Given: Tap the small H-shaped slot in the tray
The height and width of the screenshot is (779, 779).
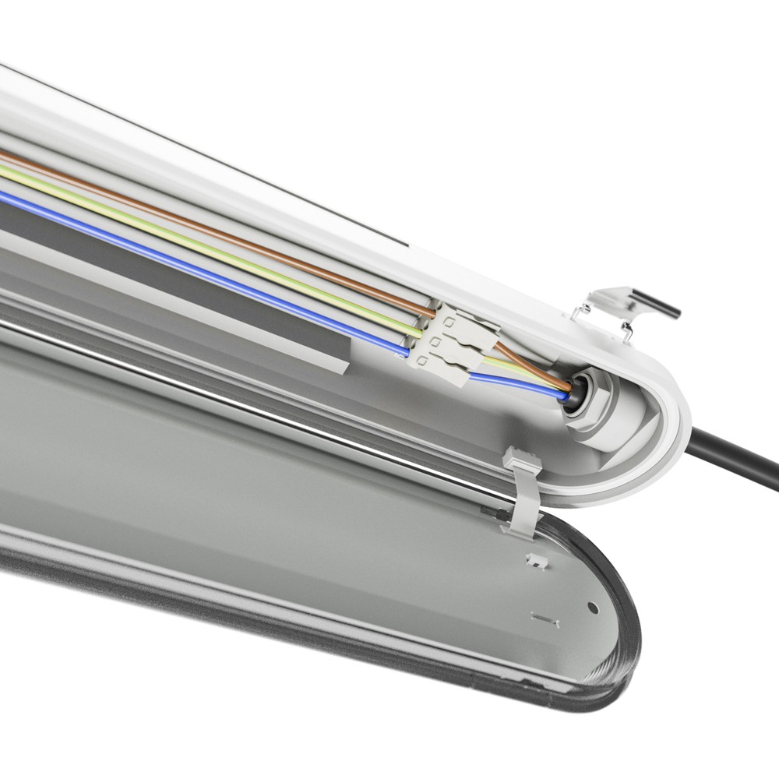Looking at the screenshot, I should (x=546, y=619).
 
